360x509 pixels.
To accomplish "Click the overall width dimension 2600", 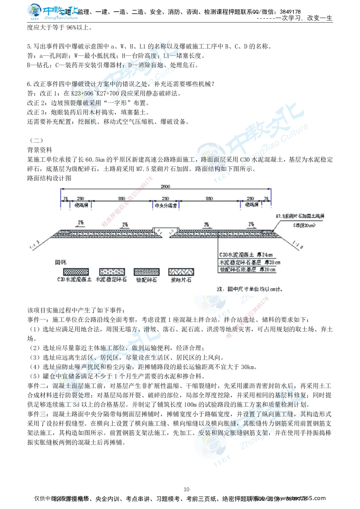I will [x=166, y=186].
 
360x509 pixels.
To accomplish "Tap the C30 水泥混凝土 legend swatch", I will [x=76, y=272].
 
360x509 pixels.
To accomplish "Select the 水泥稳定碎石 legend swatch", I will [x=112, y=272].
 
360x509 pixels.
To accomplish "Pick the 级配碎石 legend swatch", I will [x=146, y=272].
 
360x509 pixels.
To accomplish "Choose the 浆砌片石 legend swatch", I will [x=181, y=272].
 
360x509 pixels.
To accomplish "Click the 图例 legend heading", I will [x=61, y=262].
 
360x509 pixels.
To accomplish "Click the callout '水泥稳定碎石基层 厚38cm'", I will [x=249, y=262].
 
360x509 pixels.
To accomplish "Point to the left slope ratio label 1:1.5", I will [x=35, y=246].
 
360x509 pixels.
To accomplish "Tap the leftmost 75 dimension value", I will [x=65, y=199].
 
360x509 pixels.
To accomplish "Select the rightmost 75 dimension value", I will [x=266, y=199].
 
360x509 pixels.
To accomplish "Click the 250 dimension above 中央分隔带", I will [x=165, y=199].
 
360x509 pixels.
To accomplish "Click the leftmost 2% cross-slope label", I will [x=81, y=223].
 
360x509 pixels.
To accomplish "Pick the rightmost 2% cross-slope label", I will [x=251, y=224].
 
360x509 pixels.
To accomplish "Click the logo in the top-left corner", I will [x=52, y=12].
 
